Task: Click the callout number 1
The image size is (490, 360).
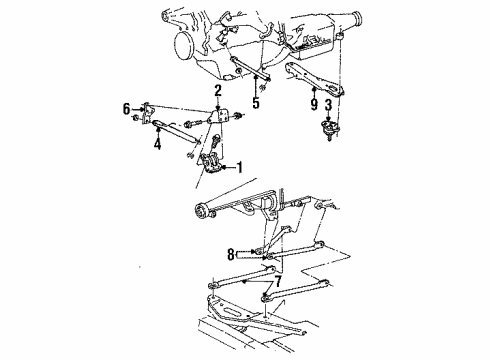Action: pyautogui.click(x=238, y=166)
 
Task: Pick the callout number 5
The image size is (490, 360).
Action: pyautogui.click(x=257, y=100)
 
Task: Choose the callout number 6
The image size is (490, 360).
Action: pyautogui.click(x=126, y=107)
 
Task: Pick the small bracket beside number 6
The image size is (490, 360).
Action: pyautogui.click(x=146, y=109)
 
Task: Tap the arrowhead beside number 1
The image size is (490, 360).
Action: pyautogui.click(x=226, y=166)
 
